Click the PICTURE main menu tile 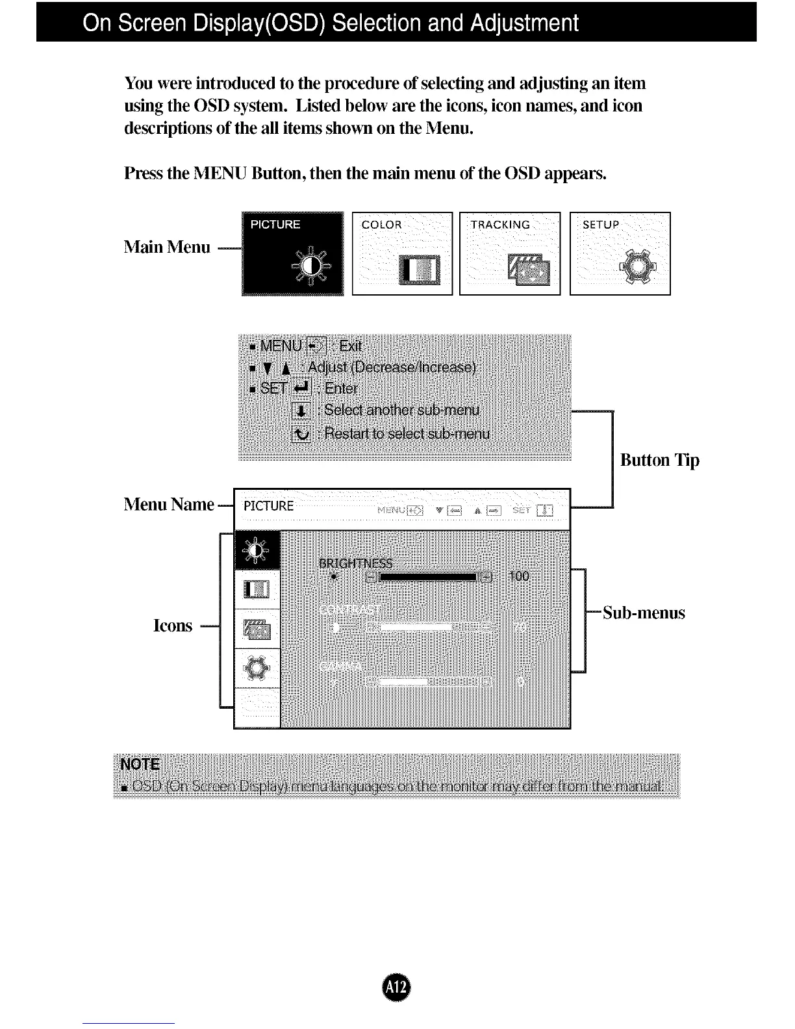click(292, 253)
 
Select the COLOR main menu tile click(402, 253)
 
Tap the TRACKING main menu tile click(510, 253)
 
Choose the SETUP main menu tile click(620, 253)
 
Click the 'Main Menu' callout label click(167, 247)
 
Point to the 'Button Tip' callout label click(659, 460)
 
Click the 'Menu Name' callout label click(169, 504)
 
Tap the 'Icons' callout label click(173, 626)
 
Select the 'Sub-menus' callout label click(644, 613)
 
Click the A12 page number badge click(397, 987)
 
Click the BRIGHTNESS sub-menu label click(356, 563)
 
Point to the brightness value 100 click(519, 576)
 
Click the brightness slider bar click(429, 577)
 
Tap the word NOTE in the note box click(140, 764)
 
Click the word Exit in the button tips click(351, 345)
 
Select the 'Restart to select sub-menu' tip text click(407, 433)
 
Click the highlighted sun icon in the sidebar click(257, 550)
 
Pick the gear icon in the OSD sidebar click(257, 668)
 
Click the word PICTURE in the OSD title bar click(269, 506)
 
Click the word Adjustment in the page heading click(524, 23)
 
